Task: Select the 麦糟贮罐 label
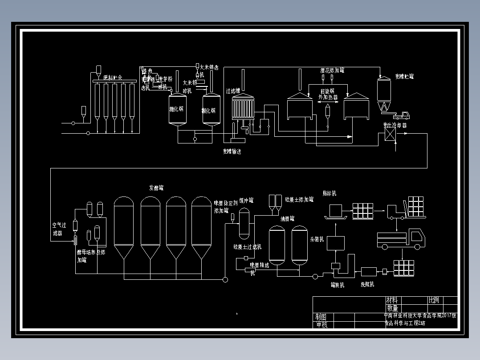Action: click(x=404, y=77)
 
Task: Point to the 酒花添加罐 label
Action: click(x=332, y=70)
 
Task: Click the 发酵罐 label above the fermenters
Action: click(x=159, y=188)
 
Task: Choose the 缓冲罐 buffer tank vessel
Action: click(x=244, y=223)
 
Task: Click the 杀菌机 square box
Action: click(x=336, y=243)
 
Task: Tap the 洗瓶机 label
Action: click(x=367, y=284)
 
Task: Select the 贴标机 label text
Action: click(x=329, y=193)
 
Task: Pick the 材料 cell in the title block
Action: click(x=392, y=300)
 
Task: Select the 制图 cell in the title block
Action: click(x=321, y=317)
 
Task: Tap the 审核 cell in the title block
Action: click(x=321, y=324)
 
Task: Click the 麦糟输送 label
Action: click(x=232, y=151)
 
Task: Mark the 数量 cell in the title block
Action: click(x=392, y=308)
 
